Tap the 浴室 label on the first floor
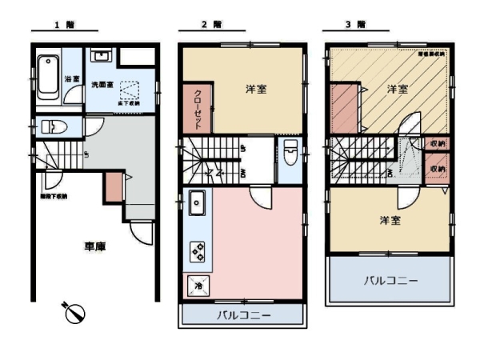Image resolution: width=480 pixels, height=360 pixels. coord(70,79)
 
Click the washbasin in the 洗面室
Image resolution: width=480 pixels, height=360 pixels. coord(101,57)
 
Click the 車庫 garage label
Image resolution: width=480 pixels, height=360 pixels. coord(95,247)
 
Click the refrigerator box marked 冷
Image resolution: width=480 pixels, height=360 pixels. coord(197,284)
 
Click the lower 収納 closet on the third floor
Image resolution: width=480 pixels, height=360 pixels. coord(436,170)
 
